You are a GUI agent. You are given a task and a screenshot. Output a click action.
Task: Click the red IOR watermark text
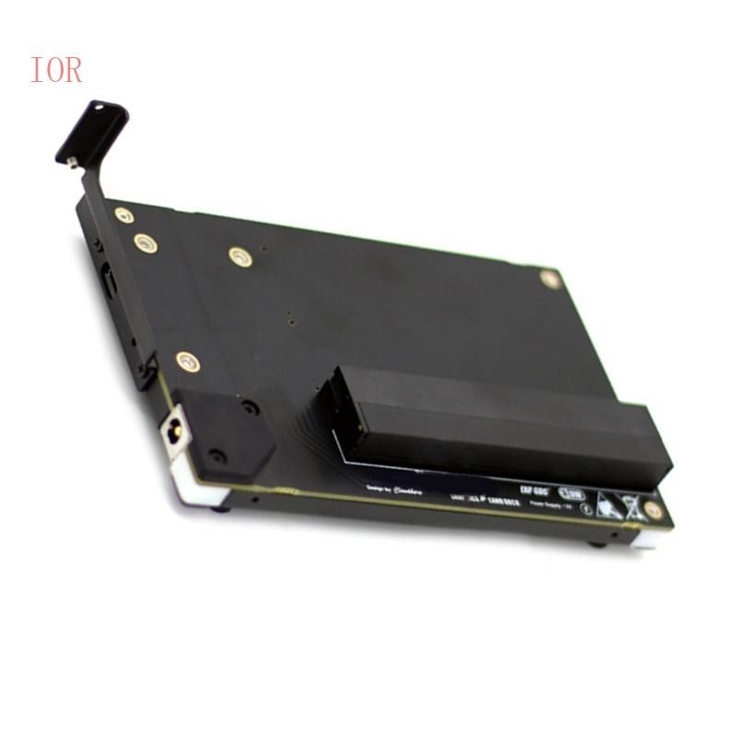point(56,70)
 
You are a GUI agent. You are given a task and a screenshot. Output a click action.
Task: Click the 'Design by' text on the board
point(377,487)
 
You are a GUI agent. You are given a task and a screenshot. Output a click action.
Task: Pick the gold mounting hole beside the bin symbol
point(653,509)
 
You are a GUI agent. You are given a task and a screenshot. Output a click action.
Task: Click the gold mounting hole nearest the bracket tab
point(123,216)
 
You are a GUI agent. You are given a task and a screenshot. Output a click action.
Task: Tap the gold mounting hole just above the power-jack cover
point(187,361)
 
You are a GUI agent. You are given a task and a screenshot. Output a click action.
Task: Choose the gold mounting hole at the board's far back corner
point(550,278)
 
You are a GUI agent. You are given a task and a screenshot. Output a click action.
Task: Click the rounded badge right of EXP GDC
point(572,492)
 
